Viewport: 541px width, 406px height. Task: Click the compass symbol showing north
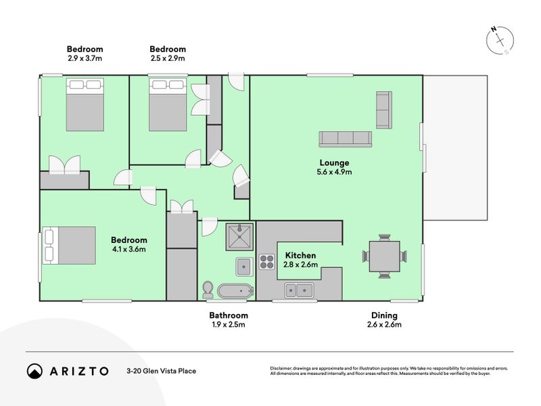click(x=500, y=40)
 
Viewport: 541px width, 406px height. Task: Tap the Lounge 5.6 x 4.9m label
click(x=335, y=167)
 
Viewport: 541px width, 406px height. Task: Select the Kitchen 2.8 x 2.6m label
click(x=300, y=259)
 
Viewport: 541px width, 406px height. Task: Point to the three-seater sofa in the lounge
click(x=346, y=138)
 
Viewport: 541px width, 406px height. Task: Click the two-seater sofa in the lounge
click(x=383, y=110)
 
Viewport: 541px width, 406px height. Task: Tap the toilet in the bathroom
click(x=208, y=290)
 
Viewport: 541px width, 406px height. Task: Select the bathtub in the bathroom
click(x=235, y=292)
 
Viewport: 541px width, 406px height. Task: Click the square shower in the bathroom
click(x=239, y=236)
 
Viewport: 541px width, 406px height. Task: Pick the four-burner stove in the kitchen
click(x=266, y=262)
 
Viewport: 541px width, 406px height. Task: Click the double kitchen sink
click(x=298, y=292)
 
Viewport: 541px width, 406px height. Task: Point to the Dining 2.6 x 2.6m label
click(x=384, y=320)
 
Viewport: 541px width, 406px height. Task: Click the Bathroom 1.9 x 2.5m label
click(x=228, y=320)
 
